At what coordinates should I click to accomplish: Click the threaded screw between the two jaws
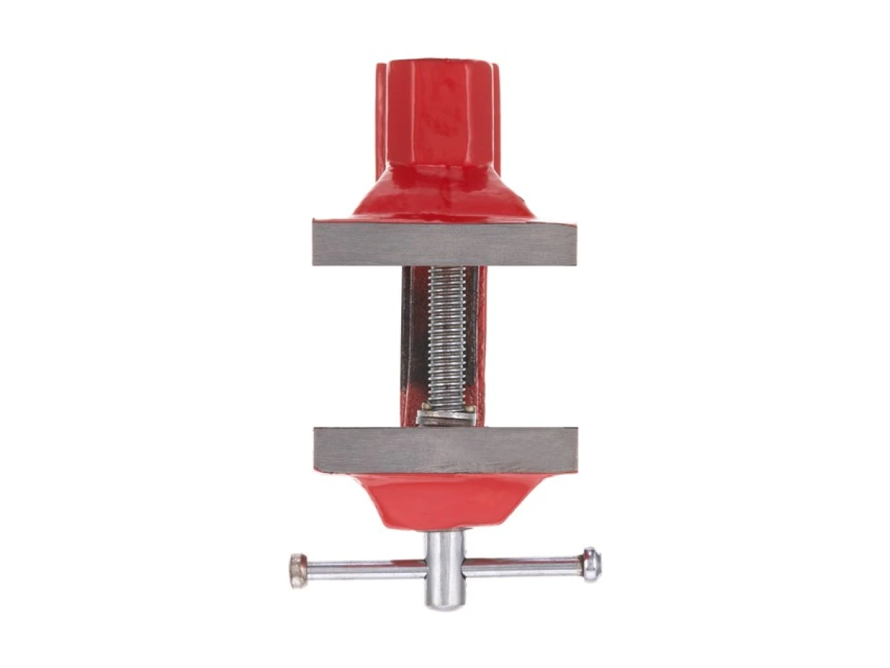click(448, 334)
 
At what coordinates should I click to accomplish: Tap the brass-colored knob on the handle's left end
click(297, 571)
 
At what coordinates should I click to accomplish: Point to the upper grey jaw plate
click(445, 243)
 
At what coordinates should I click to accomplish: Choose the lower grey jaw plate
click(445, 450)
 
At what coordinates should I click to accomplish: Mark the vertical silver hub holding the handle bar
click(444, 568)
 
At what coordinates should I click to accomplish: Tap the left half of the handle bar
click(363, 569)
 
